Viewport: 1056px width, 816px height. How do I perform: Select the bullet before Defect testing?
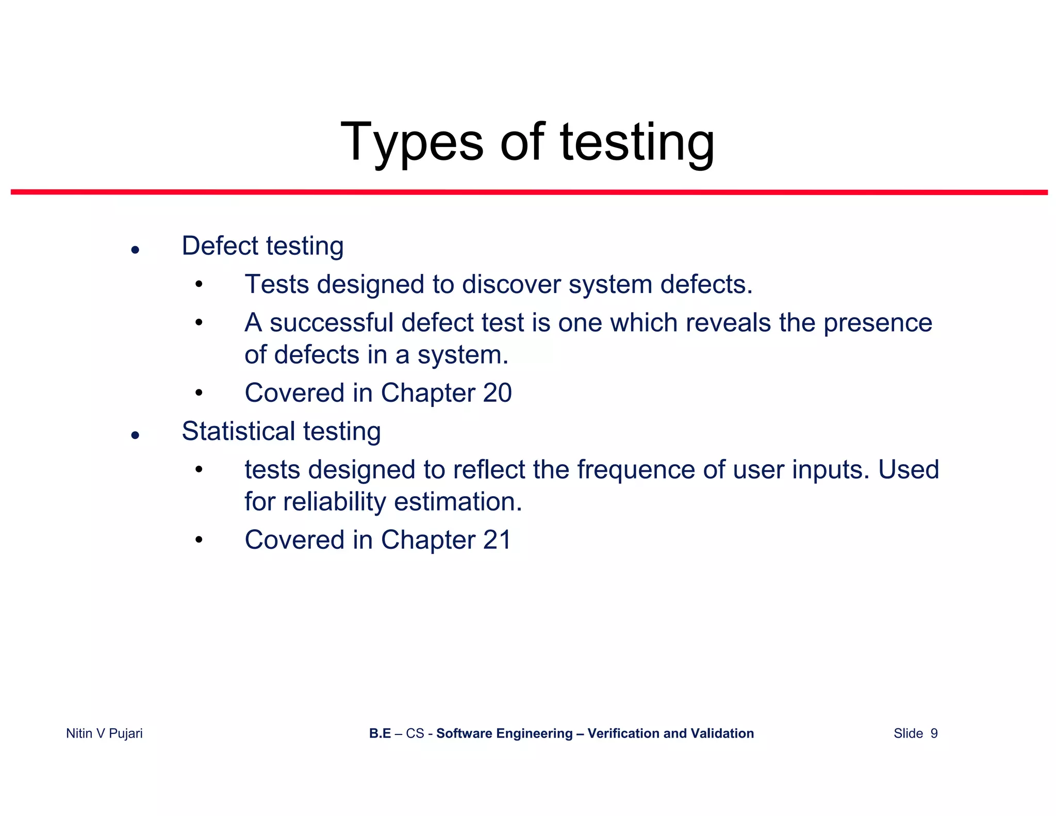click(135, 251)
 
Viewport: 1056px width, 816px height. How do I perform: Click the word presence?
click(878, 324)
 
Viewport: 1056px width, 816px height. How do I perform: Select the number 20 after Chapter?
click(497, 393)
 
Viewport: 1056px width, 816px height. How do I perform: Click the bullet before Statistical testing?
click(135, 436)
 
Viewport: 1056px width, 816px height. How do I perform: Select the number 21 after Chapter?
click(497, 540)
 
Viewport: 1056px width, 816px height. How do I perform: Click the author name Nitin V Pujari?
click(104, 733)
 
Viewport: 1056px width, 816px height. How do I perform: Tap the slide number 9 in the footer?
click(934, 733)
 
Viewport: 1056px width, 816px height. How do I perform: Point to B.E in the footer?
click(380, 733)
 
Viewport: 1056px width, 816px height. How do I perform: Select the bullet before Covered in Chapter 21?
click(199, 541)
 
